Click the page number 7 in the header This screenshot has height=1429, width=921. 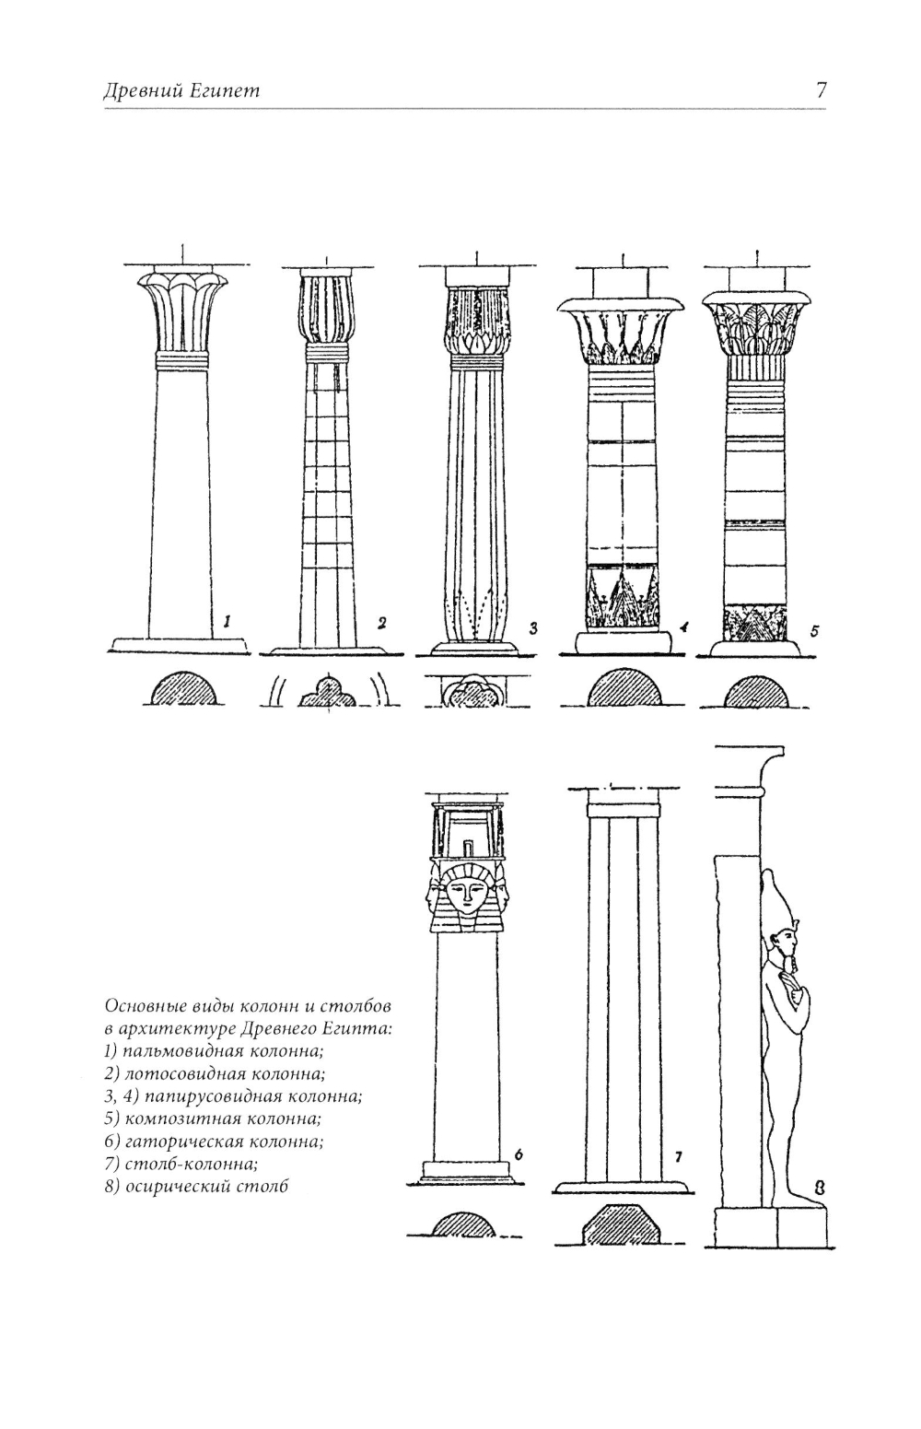click(821, 90)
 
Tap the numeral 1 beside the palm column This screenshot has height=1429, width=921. click(226, 624)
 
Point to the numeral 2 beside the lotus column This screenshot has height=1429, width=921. click(381, 624)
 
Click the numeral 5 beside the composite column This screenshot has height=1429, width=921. click(814, 631)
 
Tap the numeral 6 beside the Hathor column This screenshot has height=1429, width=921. click(519, 1154)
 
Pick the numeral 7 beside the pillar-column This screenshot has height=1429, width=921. click(678, 1157)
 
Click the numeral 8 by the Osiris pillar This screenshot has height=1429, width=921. click(819, 1188)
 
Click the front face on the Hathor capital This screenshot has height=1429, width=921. click(468, 893)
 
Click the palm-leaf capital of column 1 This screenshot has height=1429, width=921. click(183, 310)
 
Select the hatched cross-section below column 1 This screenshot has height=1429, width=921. click(183, 690)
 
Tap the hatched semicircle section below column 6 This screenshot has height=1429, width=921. click(464, 1224)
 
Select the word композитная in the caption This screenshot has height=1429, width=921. click(190, 1119)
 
